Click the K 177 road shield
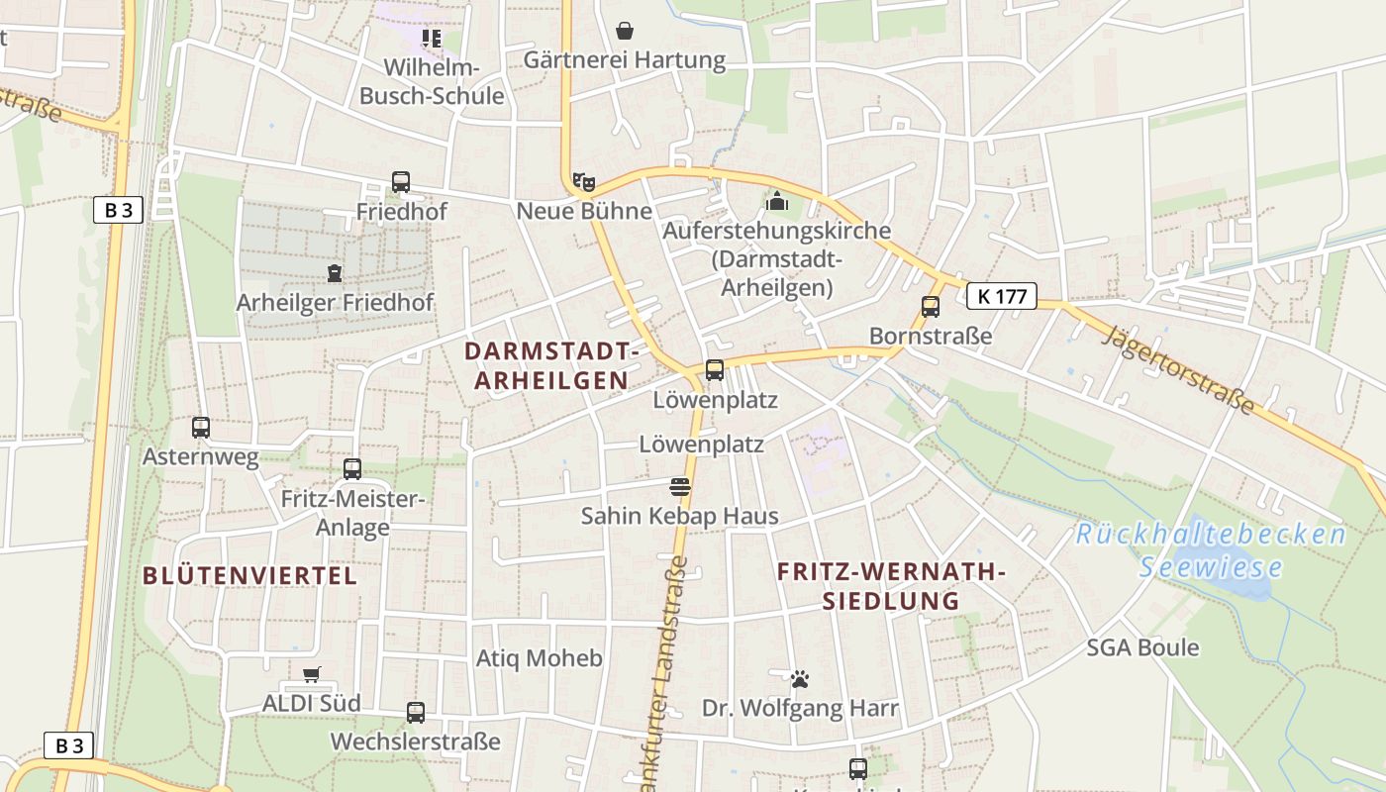(x=1001, y=295)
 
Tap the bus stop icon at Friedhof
(x=401, y=182)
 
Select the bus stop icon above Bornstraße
(x=931, y=307)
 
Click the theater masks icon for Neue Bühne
(x=584, y=182)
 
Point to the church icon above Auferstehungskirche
(x=777, y=201)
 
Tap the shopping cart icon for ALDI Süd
(x=312, y=674)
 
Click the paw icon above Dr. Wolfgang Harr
(x=800, y=679)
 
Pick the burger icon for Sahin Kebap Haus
(x=679, y=486)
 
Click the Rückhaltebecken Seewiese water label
(x=1211, y=550)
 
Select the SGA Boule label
(x=1142, y=647)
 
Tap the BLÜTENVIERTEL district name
(x=249, y=575)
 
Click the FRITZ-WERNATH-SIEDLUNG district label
(x=891, y=586)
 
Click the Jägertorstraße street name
(x=1179, y=370)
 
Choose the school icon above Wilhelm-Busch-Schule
(x=431, y=39)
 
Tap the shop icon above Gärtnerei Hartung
(x=625, y=31)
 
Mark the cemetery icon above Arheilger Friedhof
(x=335, y=273)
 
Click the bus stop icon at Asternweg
(x=201, y=428)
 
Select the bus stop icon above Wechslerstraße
(x=416, y=712)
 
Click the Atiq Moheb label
(x=539, y=658)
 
